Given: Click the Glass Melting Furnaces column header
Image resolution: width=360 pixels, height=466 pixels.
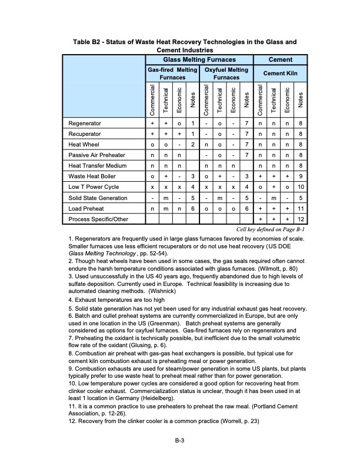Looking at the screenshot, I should pos(199,59).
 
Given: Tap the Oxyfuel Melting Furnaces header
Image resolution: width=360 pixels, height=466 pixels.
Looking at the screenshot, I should pos(226,74).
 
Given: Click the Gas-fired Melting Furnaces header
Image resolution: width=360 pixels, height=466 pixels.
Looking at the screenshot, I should pos(172,74).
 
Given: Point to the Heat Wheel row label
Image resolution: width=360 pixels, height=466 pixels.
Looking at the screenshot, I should pos(82,144).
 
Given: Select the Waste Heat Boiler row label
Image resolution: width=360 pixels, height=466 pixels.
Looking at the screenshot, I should pos(89,176).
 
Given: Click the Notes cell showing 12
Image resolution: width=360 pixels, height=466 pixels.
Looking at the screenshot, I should pos(300,218).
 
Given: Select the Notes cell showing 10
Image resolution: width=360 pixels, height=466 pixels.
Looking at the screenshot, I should pos(300,187).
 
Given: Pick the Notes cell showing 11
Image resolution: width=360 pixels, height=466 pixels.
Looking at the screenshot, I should pos(300,208).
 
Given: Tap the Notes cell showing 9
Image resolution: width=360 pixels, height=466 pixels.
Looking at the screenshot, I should pos(300,176).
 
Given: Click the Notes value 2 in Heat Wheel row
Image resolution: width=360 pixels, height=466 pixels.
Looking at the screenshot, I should pos(192,144).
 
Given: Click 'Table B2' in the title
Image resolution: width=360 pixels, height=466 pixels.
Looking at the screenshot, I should pos(88,42).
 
